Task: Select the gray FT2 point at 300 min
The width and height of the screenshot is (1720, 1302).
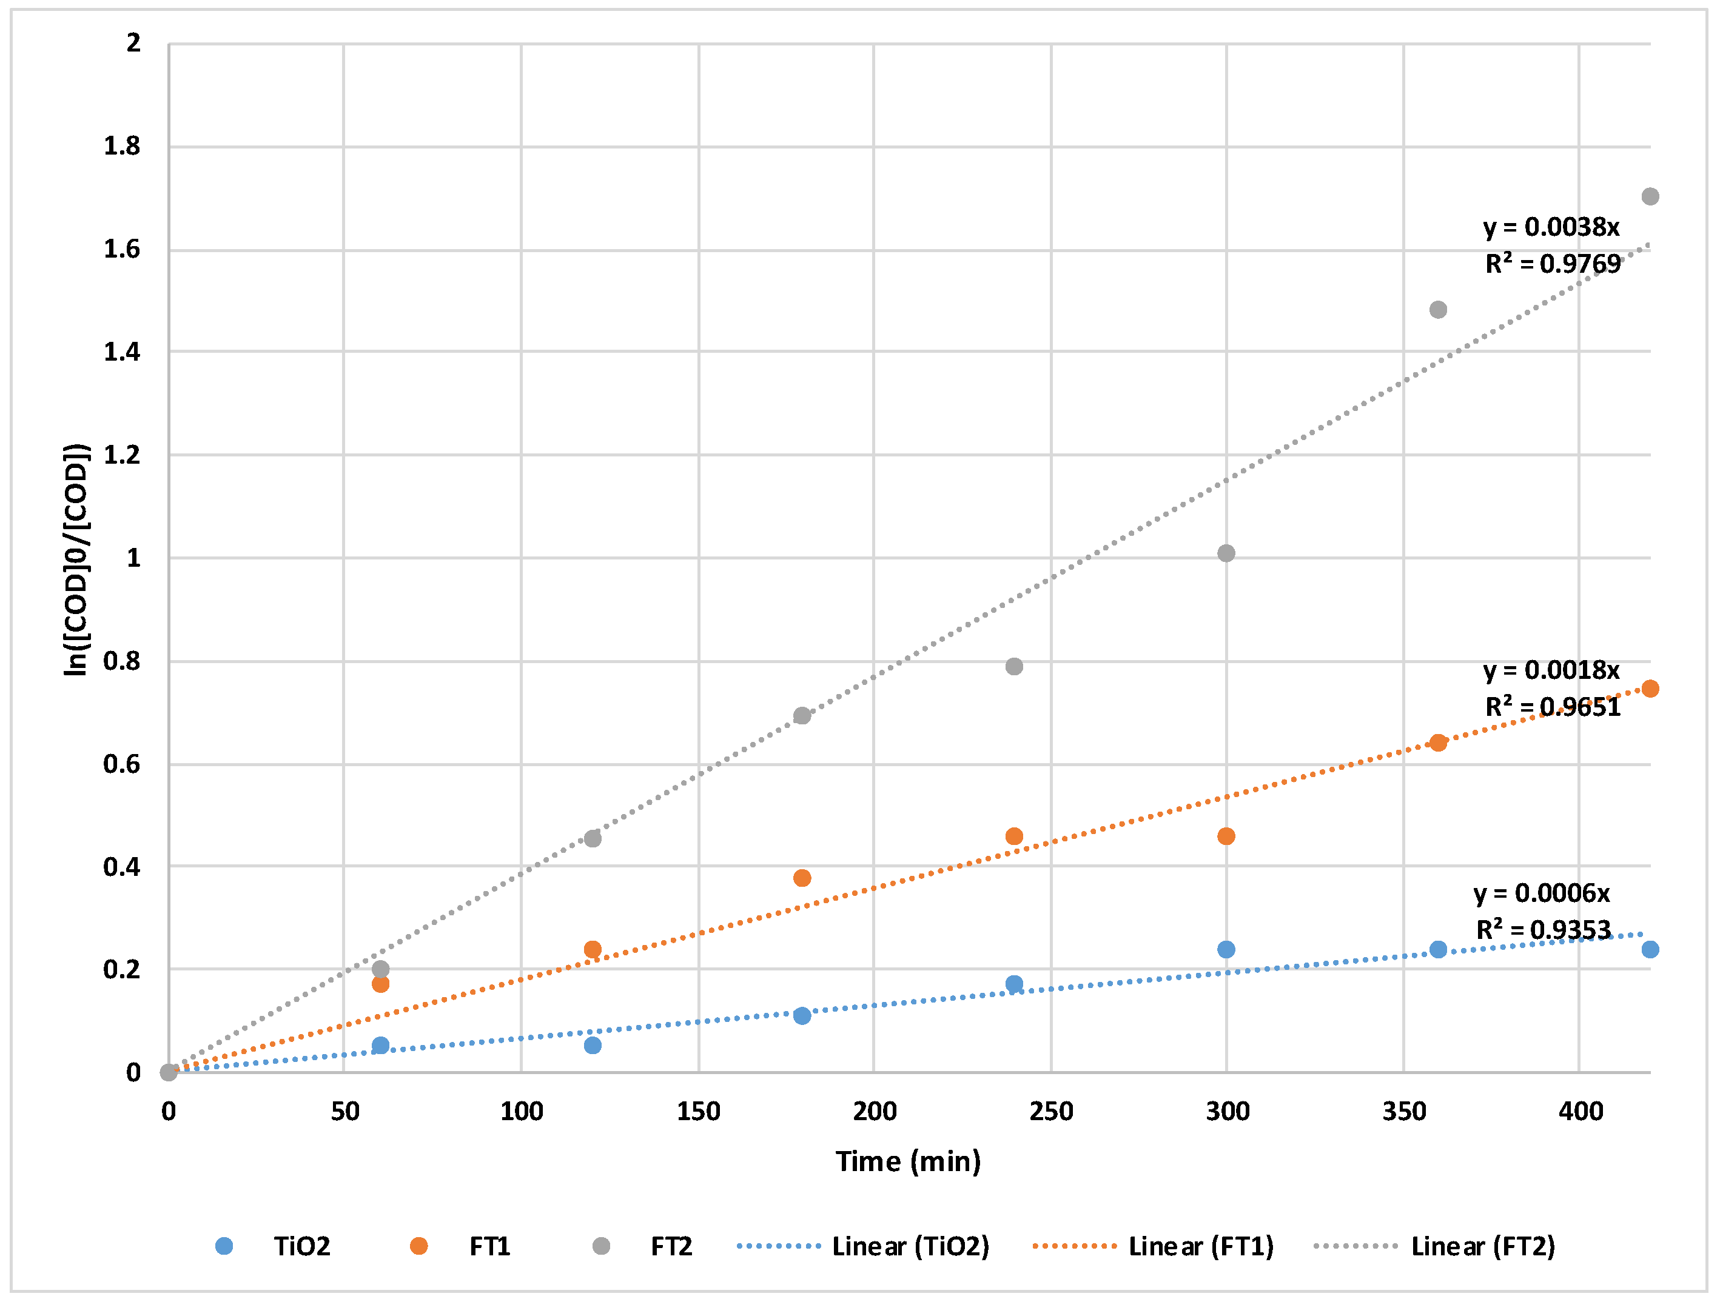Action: pyautogui.click(x=1226, y=553)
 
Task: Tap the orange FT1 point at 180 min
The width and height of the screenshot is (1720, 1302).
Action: pyautogui.click(x=802, y=878)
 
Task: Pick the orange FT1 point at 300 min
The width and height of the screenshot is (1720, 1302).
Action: pyautogui.click(x=1226, y=836)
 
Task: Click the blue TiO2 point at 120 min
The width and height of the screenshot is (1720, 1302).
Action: pyautogui.click(x=592, y=1046)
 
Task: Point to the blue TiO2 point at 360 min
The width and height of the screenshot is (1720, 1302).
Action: pyautogui.click(x=1438, y=949)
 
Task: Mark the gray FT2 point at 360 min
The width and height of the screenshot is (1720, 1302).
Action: pyautogui.click(x=1438, y=310)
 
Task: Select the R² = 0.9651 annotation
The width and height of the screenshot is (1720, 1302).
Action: pyautogui.click(x=1552, y=707)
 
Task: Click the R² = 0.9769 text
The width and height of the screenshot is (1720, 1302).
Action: pyautogui.click(x=1552, y=264)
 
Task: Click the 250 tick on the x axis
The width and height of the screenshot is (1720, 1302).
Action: pyautogui.click(x=1050, y=1112)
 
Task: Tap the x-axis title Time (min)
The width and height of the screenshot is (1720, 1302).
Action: pyautogui.click(x=907, y=1161)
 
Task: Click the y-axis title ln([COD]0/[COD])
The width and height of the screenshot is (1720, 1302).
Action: pyautogui.click(x=76, y=559)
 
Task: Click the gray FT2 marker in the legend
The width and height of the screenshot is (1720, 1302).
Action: pyautogui.click(x=601, y=1247)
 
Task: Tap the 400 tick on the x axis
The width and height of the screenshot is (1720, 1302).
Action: pyautogui.click(x=1580, y=1112)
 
